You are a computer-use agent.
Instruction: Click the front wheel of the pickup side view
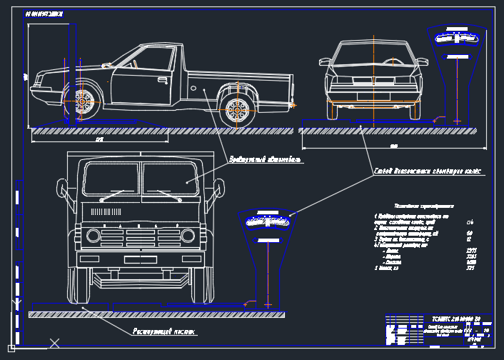[x=83, y=103]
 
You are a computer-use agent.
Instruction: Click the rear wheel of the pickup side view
[x=238, y=109]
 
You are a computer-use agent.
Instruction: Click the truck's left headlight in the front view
[x=93, y=236]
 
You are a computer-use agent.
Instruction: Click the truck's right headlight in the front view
[x=188, y=236]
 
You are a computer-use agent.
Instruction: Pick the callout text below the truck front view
[x=164, y=332]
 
